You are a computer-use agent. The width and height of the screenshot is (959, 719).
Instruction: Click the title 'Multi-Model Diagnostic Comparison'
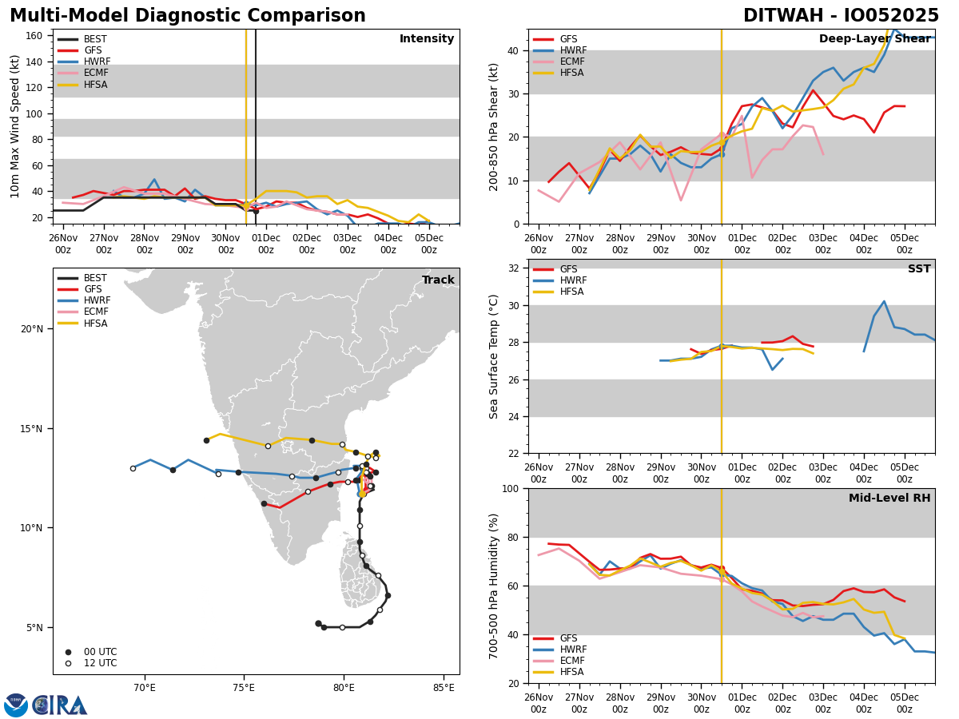pyautogui.click(x=188, y=16)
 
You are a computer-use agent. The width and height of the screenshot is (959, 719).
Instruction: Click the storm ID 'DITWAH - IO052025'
pyautogui.click(x=841, y=16)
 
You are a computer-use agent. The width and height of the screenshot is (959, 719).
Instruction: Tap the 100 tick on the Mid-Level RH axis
pyautogui.click(x=510, y=488)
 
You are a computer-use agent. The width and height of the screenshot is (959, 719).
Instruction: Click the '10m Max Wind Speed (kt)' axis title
pyautogui.click(x=15, y=126)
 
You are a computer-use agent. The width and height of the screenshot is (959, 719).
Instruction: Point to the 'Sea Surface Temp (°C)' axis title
pyautogui.click(x=494, y=356)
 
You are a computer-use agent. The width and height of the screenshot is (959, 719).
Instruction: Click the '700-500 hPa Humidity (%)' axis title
pyautogui.click(x=494, y=586)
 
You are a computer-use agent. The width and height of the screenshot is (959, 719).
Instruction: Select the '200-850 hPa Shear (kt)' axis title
pyautogui.click(x=494, y=126)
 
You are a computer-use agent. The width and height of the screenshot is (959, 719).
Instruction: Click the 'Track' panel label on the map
pyautogui.click(x=438, y=280)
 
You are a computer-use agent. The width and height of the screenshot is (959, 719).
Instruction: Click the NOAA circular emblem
pyautogui.click(x=16, y=705)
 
